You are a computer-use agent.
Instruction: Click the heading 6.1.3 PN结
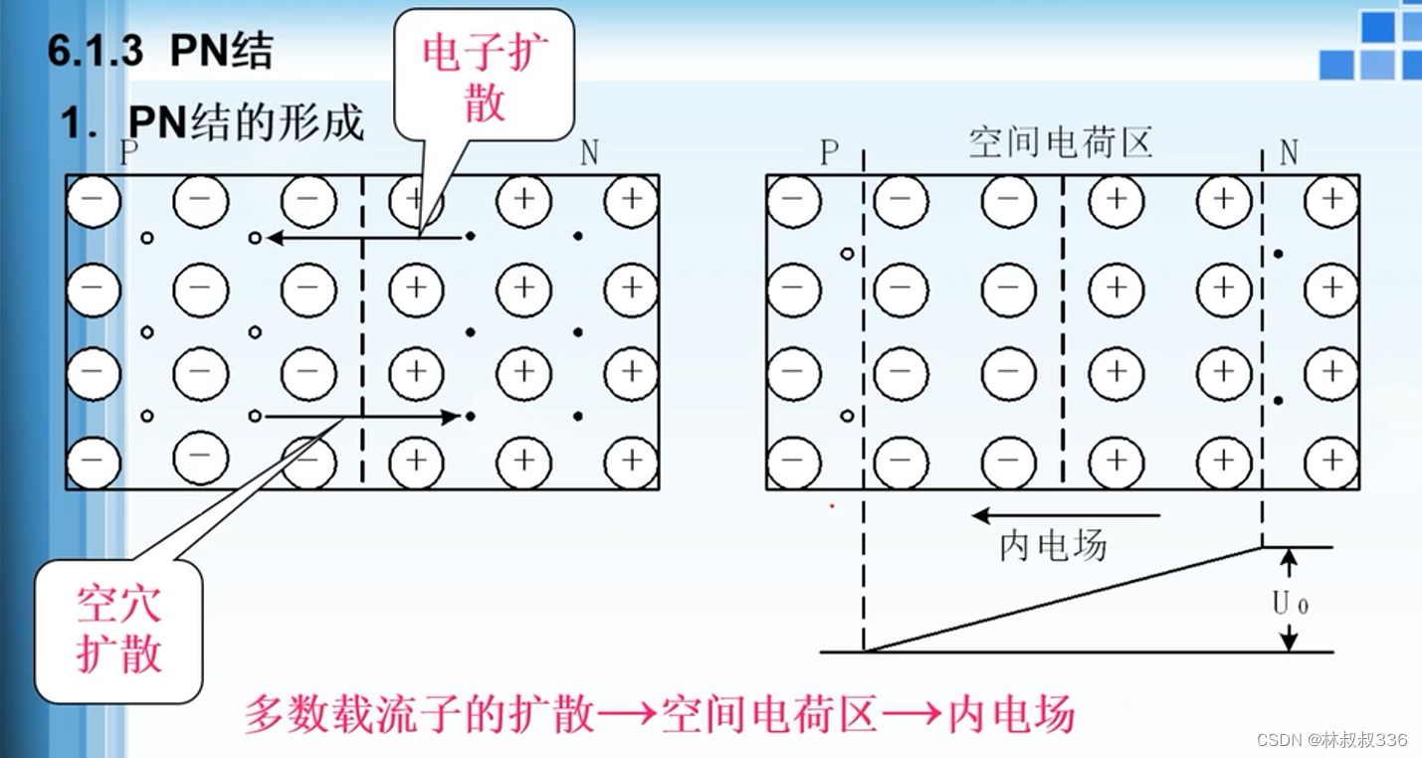pos(159,52)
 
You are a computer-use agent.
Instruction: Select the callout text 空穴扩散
pos(119,629)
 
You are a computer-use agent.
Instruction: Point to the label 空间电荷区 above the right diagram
pos(1060,144)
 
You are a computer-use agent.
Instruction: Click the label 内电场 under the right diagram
pos(1052,545)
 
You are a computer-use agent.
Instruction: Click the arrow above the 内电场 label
pos(1066,515)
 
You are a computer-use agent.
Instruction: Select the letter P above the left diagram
pos(128,153)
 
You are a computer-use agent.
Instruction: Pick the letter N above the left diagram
pos(589,153)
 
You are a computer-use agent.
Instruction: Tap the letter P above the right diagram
pos(829,153)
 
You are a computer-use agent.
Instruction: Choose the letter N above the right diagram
pos(1289,153)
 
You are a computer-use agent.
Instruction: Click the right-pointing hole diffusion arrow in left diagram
pos(363,416)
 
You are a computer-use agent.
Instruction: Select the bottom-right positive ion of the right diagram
pos(1331,463)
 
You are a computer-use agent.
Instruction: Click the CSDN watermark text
pos(1331,739)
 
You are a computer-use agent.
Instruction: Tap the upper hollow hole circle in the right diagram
pos(847,254)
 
